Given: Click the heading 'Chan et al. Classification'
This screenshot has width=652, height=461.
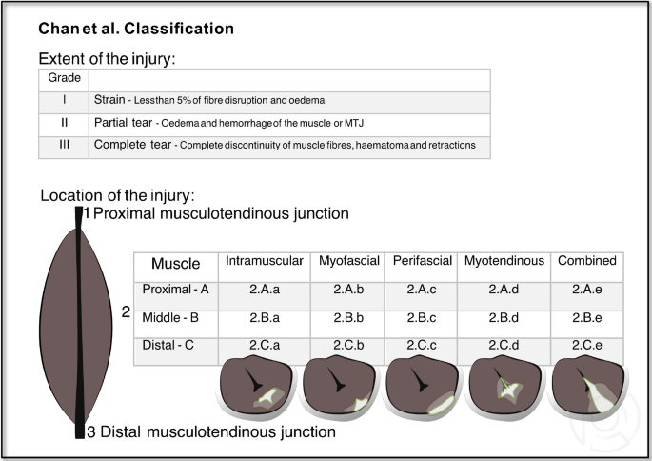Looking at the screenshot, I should click(136, 29).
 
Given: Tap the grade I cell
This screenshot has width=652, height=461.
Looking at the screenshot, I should click(62, 101).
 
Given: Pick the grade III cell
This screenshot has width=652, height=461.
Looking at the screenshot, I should click(62, 146).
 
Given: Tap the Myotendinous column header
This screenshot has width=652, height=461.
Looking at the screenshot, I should click(504, 261).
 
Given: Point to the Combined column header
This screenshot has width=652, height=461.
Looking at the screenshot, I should click(586, 261).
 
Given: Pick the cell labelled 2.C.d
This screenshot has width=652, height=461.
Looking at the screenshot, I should click(504, 346).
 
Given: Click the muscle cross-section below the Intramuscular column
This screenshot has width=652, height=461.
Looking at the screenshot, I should click(258, 390).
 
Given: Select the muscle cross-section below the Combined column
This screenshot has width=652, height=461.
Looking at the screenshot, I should click(586, 390).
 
